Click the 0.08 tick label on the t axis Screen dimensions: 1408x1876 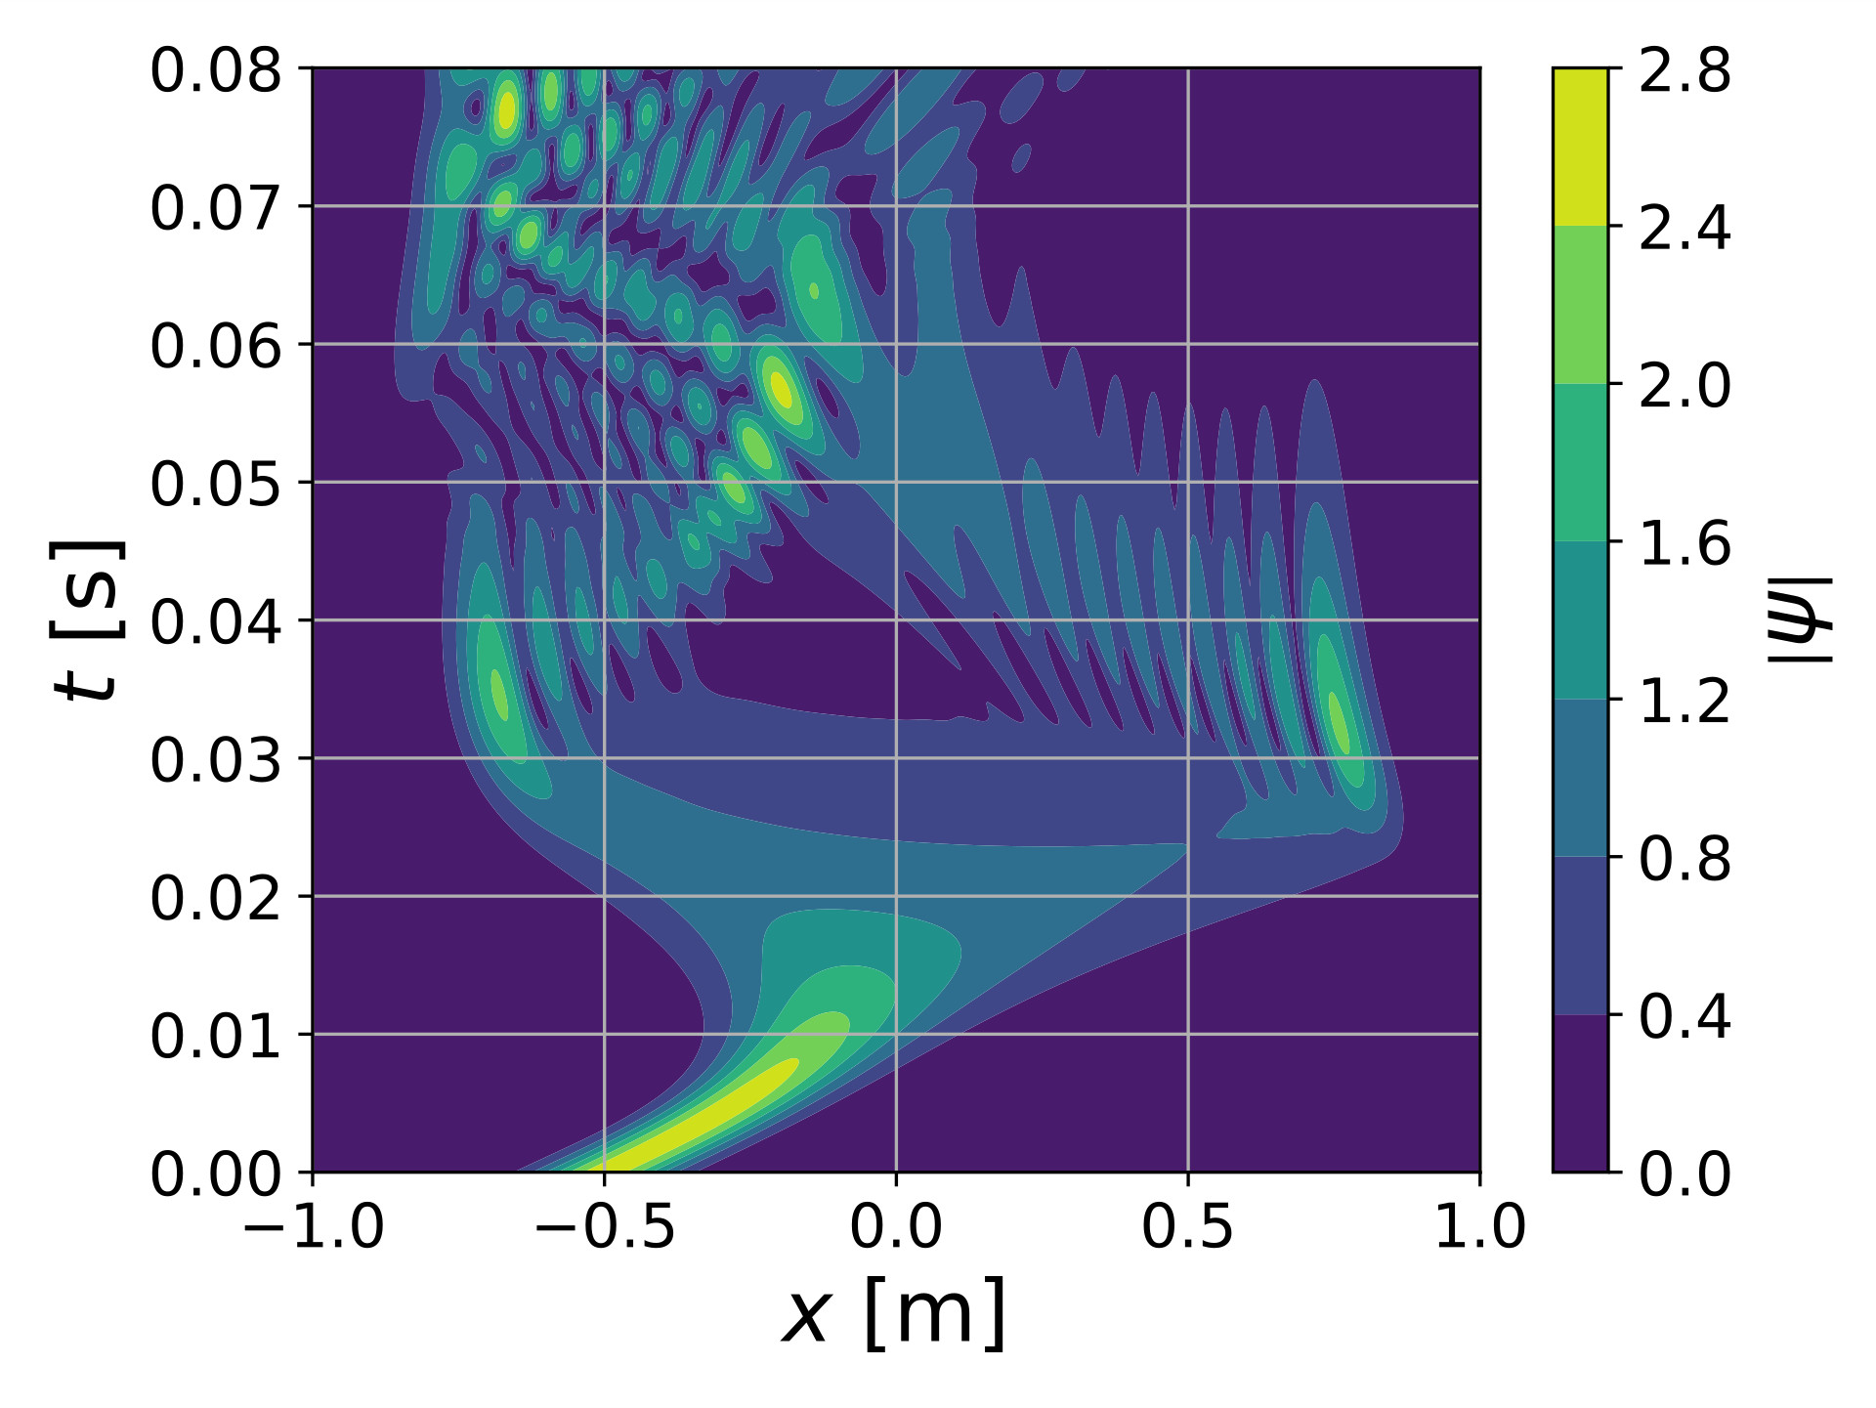tap(215, 71)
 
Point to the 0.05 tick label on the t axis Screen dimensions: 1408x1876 tap(215, 485)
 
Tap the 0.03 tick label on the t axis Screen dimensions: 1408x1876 tap(215, 761)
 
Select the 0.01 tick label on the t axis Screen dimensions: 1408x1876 tap(215, 1037)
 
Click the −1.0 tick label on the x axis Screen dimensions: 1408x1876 tap(313, 1226)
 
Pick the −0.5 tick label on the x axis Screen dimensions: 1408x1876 tap(605, 1226)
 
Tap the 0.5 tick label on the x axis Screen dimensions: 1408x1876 tap(1187, 1226)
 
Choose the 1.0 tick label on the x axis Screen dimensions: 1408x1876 tap(1478, 1226)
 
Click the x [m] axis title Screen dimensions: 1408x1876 tap(894, 1314)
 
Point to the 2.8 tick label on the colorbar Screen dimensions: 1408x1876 tap(1684, 71)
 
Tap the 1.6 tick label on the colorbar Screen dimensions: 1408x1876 tap(1684, 544)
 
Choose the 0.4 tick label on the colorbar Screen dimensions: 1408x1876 tap(1684, 1017)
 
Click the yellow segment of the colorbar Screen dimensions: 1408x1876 tap(1580, 147)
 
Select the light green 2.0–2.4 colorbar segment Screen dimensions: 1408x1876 tap(1580, 305)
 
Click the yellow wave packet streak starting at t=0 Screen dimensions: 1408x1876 tap(703, 1114)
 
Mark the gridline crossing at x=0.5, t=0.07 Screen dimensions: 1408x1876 tap(1187, 206)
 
